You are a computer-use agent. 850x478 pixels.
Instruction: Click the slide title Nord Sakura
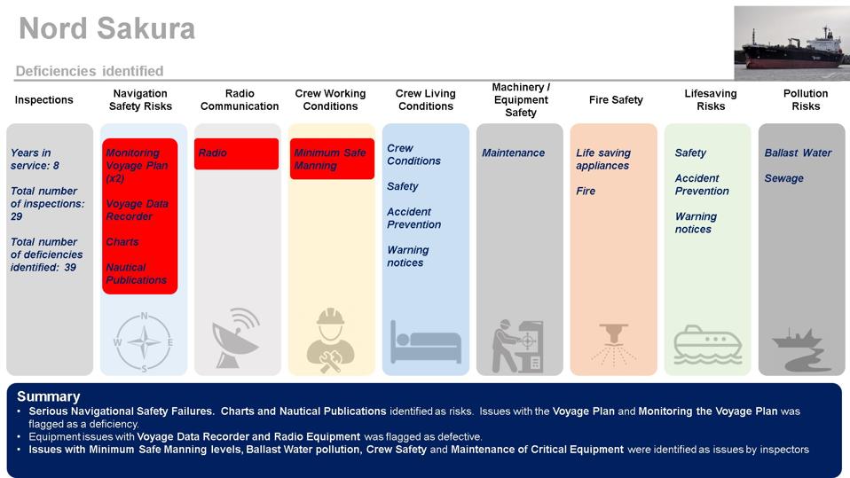[106, 29]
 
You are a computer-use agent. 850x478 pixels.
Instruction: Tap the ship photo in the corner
[791, 43]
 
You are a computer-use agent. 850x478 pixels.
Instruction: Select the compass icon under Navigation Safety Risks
[144, 342]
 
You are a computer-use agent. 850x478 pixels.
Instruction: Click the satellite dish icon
[236, 338]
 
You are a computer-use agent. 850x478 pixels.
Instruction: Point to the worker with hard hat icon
[330, 341]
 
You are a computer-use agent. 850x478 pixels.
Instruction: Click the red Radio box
[236, 153]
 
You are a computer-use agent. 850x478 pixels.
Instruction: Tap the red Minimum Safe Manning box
[331, 159]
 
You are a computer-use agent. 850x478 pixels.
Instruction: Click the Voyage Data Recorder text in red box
[137, 210]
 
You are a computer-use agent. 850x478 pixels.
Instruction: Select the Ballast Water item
[798, 153]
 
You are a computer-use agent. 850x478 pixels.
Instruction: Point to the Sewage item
[783, 178]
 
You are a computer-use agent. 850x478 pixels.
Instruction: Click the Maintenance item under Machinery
[513, 153]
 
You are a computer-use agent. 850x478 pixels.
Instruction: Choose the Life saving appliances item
[602, 159]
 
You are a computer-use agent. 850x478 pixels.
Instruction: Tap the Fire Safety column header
[616, 100]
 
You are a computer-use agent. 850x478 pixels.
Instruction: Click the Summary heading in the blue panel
[48, 396]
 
